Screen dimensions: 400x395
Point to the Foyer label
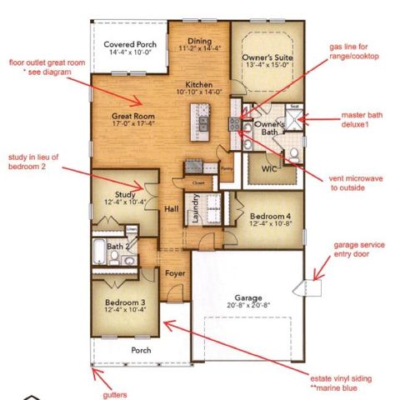coord(174,272)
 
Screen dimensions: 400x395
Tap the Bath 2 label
coord(117,247)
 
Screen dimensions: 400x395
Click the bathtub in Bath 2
coord(98,249)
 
